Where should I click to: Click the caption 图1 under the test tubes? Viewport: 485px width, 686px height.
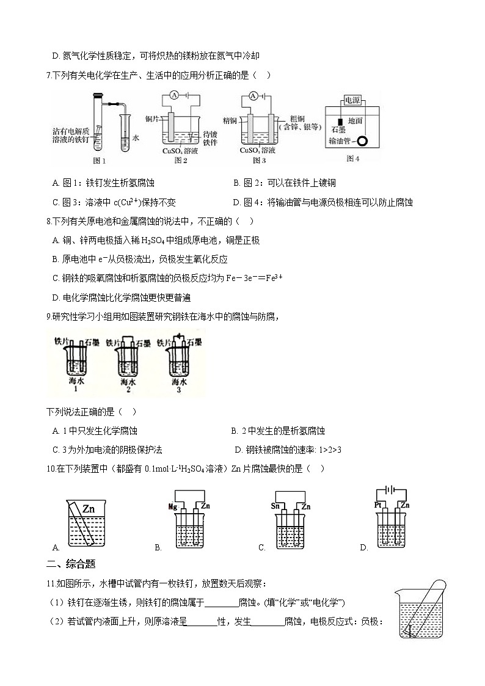(98, 161)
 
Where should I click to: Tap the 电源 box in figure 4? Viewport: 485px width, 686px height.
(352, 101)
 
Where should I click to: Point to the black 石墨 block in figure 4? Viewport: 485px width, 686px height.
(334, 121)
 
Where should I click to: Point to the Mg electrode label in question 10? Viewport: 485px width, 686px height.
(172, 506)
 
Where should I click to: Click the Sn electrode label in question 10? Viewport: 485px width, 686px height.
(274, 506)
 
